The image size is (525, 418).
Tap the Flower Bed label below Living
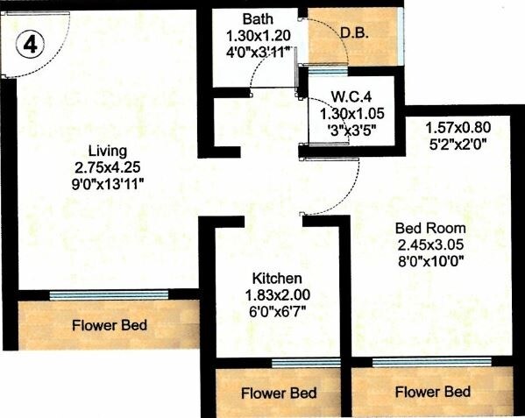coord(109,327)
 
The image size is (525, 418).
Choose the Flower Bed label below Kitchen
coord(278,392)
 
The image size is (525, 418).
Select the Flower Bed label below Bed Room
coord(431,391)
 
